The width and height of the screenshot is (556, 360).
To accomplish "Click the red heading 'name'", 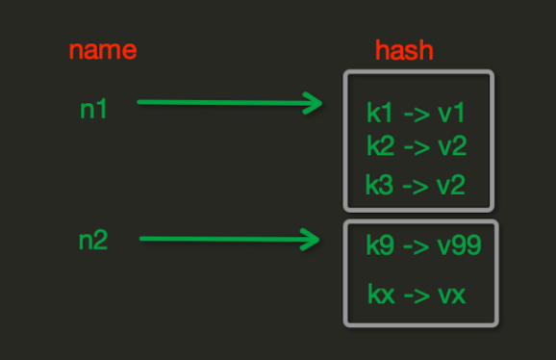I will pos(103,49).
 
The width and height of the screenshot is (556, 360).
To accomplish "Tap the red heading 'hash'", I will pos(404,49).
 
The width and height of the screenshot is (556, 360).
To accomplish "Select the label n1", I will pos(93,109).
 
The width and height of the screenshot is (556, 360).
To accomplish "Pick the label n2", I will pos(93,240).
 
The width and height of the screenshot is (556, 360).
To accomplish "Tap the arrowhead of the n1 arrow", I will pos(313,103).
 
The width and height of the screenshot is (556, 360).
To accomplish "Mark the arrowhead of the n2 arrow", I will pos(310,239).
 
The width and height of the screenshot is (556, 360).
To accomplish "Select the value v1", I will pos(450,114).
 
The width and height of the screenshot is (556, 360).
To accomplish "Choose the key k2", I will pos(379,146).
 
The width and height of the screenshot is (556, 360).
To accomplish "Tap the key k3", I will pos(379,183).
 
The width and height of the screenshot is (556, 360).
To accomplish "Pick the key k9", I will pos(379,245).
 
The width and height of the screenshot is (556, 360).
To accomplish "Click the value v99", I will pos(457,245).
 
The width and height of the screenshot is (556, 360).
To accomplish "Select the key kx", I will pos(381,294).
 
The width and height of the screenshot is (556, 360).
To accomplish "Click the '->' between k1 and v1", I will pos(416,115).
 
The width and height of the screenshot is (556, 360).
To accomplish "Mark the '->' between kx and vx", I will pos(417,294).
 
